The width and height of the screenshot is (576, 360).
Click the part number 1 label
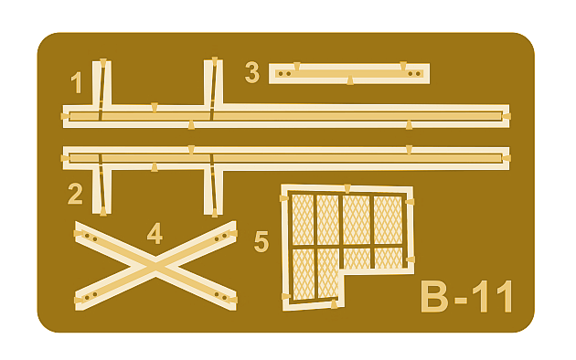tap(77, 82)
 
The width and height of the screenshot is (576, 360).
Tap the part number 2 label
tap(75, 194)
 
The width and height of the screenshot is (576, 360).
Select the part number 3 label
tap(252, 72)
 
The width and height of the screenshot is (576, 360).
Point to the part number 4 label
tap(155, 233)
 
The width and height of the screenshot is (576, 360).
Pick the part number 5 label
tap(261, 241)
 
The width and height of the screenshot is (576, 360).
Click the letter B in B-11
tap(434, 297)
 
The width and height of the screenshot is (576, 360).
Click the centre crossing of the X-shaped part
tap(155, 266)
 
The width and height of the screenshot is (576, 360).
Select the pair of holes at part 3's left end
tap(284, 74)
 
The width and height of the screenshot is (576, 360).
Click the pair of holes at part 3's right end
tap(414, 74)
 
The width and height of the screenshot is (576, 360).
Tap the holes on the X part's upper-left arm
tap(91, 238)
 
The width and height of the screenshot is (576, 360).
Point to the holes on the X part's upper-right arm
tap(220, 238)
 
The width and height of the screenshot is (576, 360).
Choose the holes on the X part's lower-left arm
tap(91, 296)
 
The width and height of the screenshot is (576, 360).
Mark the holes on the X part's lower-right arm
tap(220, 296)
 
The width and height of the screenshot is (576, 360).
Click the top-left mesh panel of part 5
tap(303, 219)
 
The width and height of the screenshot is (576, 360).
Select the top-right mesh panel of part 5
tap(389, 220)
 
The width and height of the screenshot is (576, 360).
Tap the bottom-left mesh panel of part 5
tap(304, 274)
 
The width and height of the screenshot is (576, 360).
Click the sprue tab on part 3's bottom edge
tap(350, 80)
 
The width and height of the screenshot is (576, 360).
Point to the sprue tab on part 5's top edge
tap(347, 188)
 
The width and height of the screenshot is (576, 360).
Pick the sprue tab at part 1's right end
tap(507, 117)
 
